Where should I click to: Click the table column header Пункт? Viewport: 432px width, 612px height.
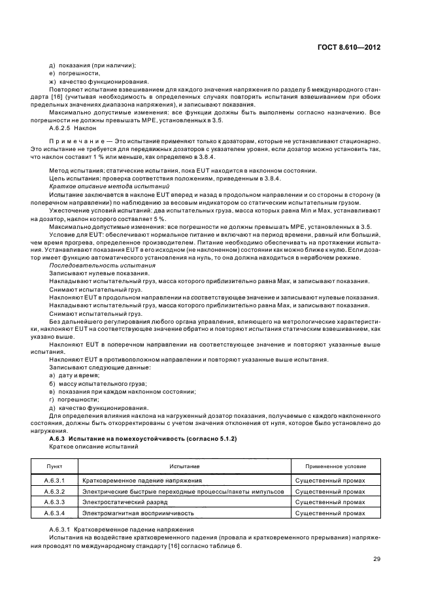pyautogui.click(x=54, y=466)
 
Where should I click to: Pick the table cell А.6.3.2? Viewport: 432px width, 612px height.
pyautogui.click(x=54, y=490)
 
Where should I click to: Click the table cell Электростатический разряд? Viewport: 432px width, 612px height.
pyautogui.click(x=125, y=501)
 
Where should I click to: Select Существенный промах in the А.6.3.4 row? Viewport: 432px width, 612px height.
pyautogui.click(x=330, y=513)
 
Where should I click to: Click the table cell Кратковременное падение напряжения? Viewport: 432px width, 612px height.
pyautogui.click(x=138, y=480)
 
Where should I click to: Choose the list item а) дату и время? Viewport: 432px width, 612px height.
pyautogui.click(x=73, y=375)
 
